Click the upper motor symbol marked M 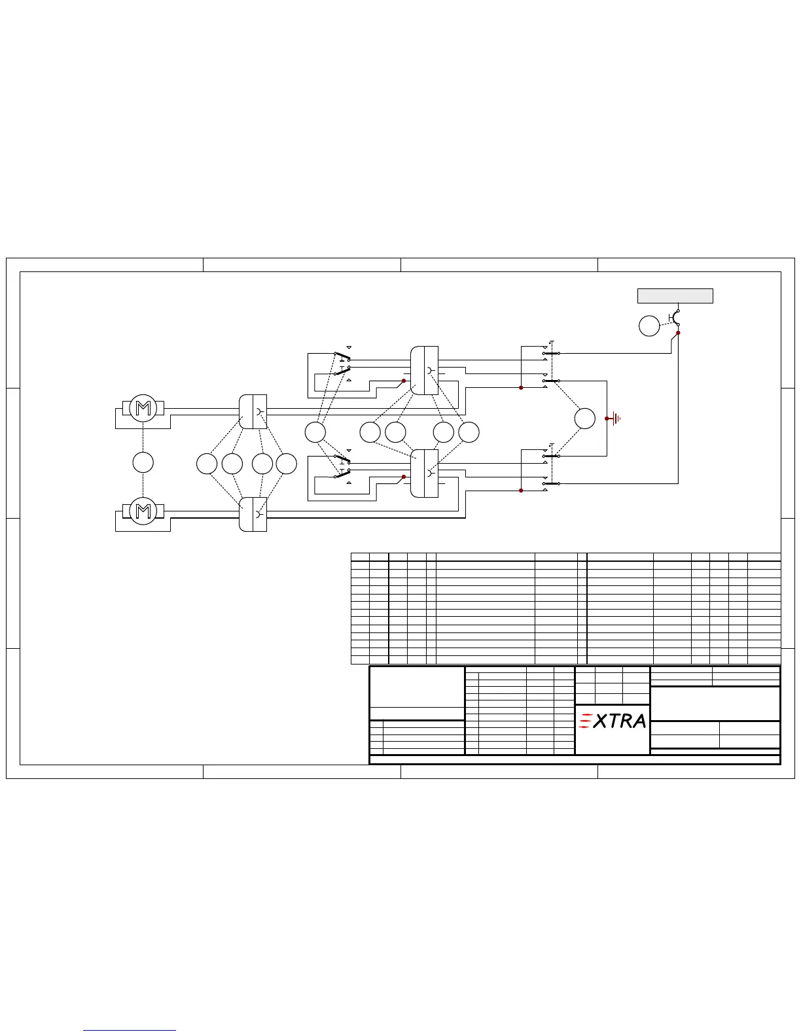143,408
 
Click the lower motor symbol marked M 143,511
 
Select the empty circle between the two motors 143,462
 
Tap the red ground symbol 614,419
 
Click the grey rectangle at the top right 675,296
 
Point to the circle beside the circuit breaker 649,326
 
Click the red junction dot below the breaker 678,333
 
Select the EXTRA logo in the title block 613,721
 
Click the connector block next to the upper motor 253,411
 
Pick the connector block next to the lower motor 253,515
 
